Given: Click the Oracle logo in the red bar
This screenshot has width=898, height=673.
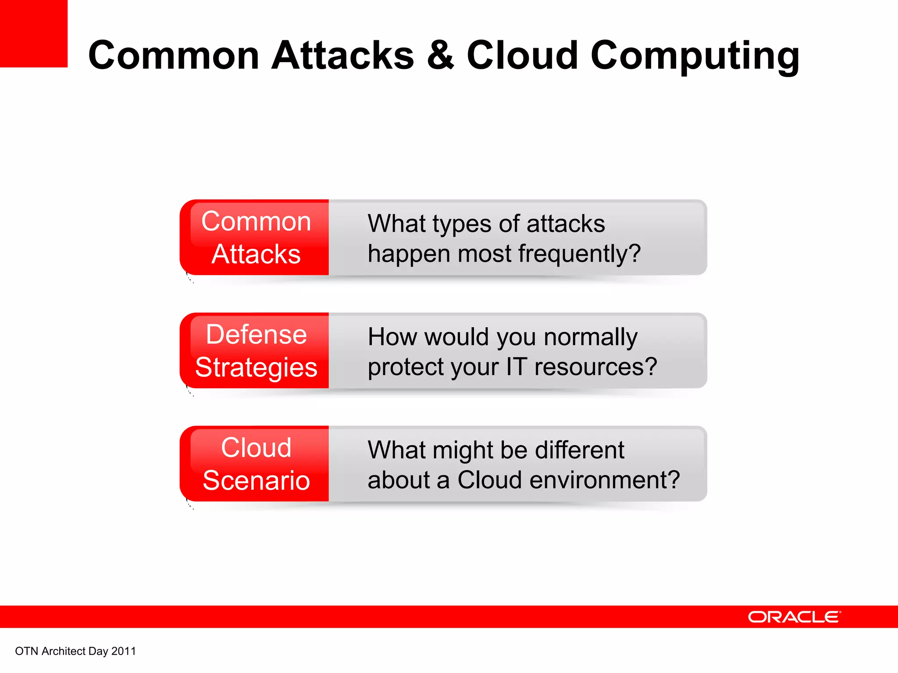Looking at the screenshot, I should click(x=794, y=617).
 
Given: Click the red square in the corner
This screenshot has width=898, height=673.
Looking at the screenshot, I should click(x=34, y=33).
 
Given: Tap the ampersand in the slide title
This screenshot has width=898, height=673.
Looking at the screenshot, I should click(x=440, y=55).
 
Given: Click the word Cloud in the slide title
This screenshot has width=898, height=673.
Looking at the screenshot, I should click(x=522, y=55).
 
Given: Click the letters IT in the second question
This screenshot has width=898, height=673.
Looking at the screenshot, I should click(x=517, y=367).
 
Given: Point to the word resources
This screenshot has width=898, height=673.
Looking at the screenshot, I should click(x=595, y=367).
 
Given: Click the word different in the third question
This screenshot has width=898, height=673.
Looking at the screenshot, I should click(x=579, y=450).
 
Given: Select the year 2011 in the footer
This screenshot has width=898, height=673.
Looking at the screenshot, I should click(x=124, y=651).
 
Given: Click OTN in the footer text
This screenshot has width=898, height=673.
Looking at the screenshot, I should click(x=27, y=651).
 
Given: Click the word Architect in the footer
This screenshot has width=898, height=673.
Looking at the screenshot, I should click(x=64, y=651).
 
